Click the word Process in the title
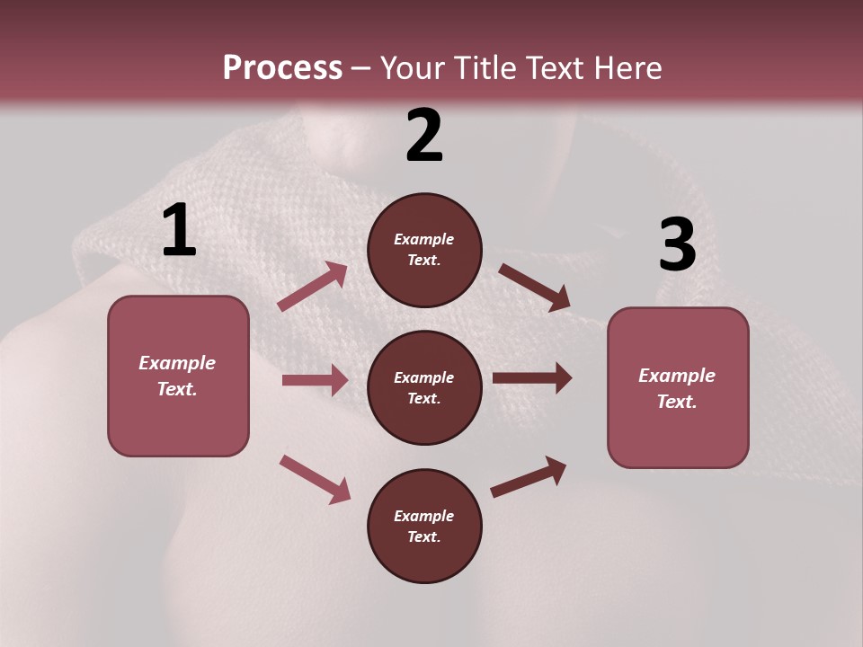click(x=282, y=68)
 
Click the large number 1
click(x=179, y=230)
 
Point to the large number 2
click(x=424, y=136)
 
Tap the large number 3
click(x=677, y=244)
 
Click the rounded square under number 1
click(x=178, y=376)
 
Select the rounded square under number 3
click(x=678, y=387)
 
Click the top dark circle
click(x=424, y=250)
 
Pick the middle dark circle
click(x=424, y=387)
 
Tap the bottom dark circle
click(x=424, y=526)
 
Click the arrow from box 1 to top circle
click(x=313, y=287)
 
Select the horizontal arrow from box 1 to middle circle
click(x=315, y=380)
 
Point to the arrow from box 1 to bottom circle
click(x=315, y=478)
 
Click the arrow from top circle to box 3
click(x=535, y=288)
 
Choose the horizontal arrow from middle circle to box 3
click(x=532, y=378)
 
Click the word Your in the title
click(x=414, y=68)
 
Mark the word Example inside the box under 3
click(x=677, y=376)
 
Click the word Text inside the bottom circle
click(x=423, y=536)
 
